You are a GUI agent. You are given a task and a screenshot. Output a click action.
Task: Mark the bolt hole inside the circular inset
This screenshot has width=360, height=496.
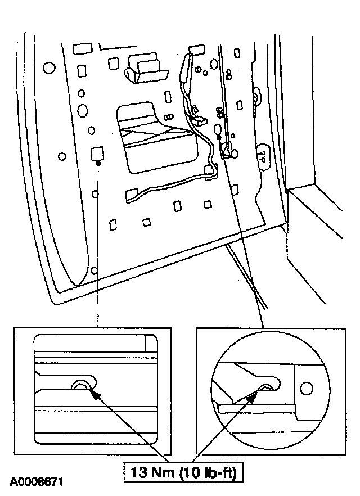click(x=266, y=387)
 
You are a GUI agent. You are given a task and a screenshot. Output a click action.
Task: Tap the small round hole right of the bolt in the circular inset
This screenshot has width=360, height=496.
click(x=306, y=388)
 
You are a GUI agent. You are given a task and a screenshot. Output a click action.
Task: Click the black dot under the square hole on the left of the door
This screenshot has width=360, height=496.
click(x=98, y=163)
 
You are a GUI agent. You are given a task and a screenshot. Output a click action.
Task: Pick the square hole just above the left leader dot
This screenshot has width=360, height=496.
click(x=96, y=152)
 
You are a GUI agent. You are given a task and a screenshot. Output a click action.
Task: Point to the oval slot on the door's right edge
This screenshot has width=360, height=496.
click(x=262, y=153)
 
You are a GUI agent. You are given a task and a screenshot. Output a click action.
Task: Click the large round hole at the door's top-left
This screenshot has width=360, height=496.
click(x=49, y=68)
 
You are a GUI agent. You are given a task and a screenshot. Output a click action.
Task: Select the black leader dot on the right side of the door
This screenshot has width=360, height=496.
click(x=219, y=137)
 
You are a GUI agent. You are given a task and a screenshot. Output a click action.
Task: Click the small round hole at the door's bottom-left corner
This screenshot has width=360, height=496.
click(x=94, y=270)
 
